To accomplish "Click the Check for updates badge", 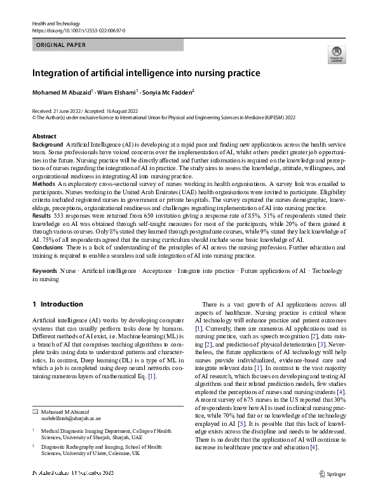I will pos(336,55).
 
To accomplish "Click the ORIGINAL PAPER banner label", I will pos(61,45).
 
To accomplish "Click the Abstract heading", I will pos(44,136).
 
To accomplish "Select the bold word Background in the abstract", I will pos(48,145).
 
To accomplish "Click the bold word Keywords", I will pos(44,288).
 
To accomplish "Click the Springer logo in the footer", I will pos(332,473).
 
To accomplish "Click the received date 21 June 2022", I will pos(67,110).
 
